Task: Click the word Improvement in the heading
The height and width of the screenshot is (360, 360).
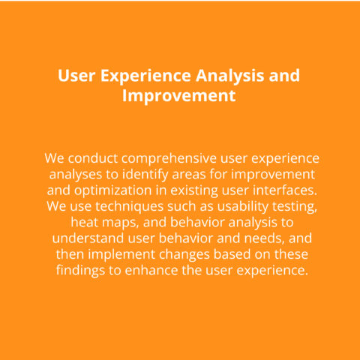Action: click(179, 96)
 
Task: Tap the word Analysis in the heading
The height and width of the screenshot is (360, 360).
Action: click(229, 76)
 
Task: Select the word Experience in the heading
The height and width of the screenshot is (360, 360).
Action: click(145, 76)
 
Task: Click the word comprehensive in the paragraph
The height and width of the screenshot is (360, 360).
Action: click(169, 158)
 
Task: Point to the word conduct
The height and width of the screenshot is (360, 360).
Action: click(93, 158)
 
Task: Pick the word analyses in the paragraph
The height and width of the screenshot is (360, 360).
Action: click(76, 175)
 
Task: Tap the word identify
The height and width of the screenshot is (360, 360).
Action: click(145, 175)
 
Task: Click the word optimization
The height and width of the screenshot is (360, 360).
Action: click(112, 190)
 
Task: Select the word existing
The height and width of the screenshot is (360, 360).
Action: click(194, 190)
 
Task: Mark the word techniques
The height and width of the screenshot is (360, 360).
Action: click(130, 207)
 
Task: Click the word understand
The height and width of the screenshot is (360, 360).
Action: click(88, 238)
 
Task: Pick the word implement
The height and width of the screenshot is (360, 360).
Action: click(121, 255)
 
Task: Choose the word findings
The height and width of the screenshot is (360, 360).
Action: click(80, 271)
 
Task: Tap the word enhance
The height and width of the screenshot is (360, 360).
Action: click(151, 270)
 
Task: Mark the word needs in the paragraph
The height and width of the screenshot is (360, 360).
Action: click(265, 238)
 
